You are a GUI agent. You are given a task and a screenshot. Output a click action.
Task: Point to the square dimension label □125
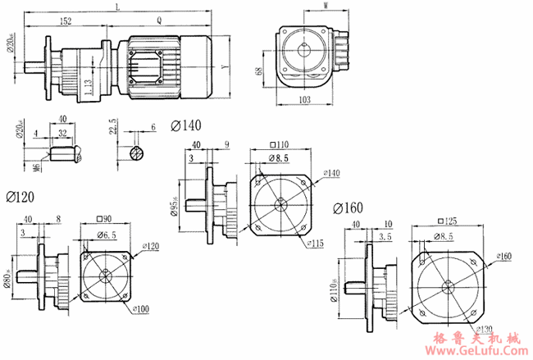click(450, 222)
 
